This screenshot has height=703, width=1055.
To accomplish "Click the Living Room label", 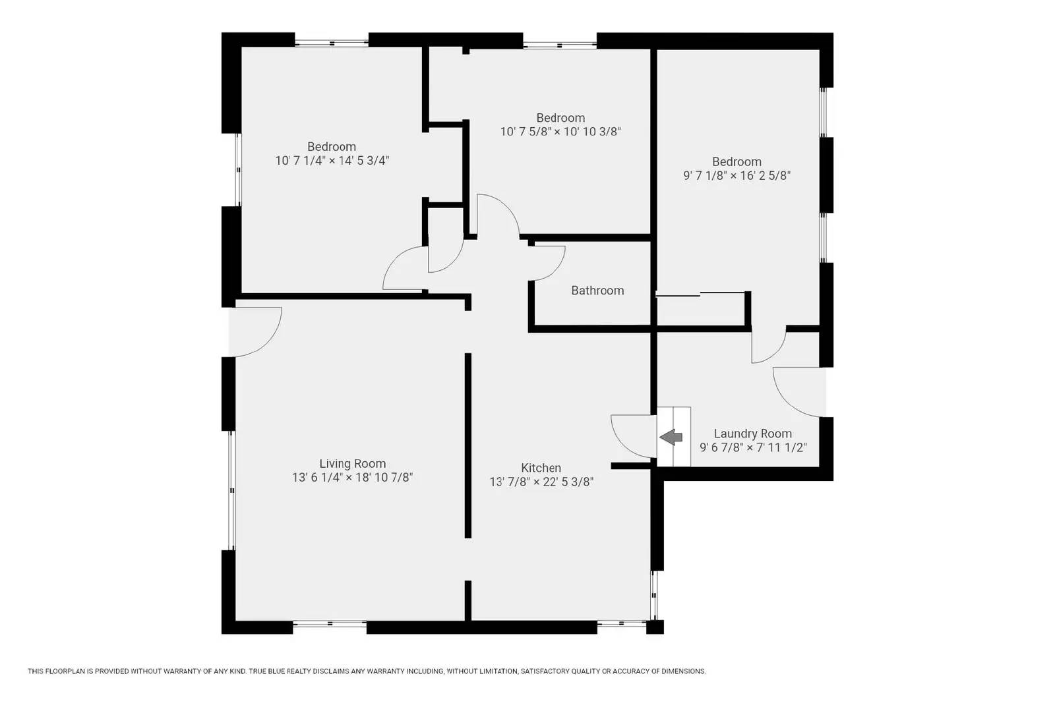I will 352,464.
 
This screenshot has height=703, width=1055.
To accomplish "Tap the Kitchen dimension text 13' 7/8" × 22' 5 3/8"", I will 541,482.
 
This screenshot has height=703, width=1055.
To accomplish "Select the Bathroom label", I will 597,291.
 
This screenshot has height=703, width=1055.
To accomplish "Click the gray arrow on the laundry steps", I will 671,436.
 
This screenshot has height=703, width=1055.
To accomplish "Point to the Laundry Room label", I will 752,434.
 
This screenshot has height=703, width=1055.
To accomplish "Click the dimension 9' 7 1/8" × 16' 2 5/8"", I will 737,176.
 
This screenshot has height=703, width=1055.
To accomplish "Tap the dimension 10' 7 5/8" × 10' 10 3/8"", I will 560,132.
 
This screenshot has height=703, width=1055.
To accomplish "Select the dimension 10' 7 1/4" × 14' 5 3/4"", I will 332,161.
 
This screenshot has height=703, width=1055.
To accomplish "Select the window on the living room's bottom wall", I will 330,623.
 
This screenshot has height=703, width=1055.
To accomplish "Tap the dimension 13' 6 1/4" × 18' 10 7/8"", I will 352,478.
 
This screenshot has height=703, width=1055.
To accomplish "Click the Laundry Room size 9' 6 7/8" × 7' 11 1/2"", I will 752,447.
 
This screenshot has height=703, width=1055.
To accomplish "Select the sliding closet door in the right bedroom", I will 700,295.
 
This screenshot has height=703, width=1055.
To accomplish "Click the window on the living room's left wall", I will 231,490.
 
